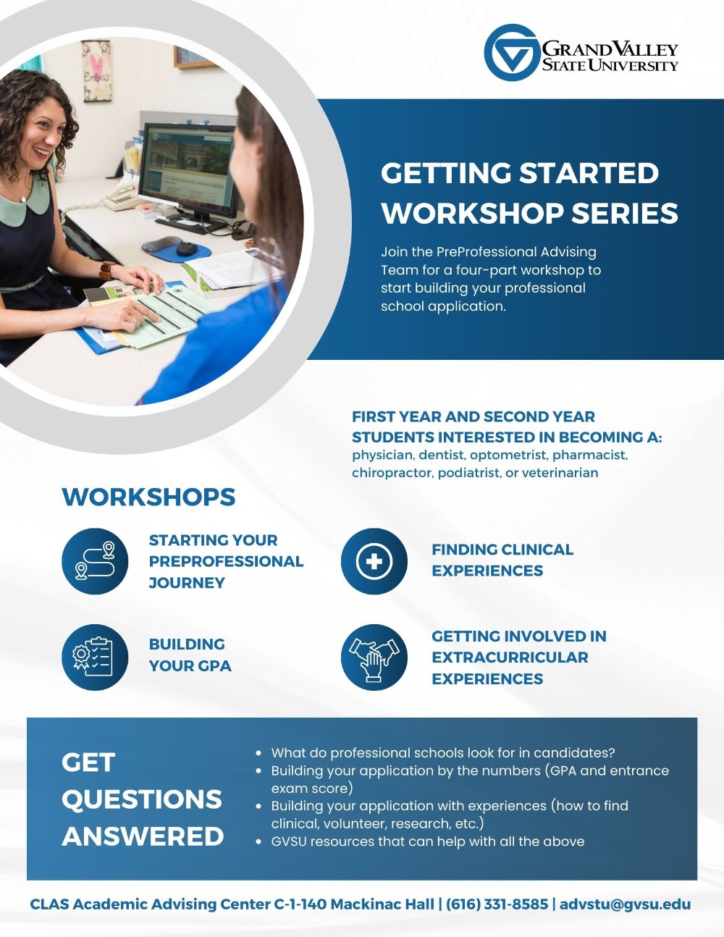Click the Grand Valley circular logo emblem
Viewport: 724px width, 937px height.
pos(511,53)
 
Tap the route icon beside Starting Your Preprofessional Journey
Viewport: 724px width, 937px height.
pos(95,561)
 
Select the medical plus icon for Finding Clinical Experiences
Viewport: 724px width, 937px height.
pos(374,561)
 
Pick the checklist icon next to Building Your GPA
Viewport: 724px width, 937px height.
pos(95,657)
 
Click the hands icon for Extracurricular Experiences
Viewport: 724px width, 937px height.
pos(374,657)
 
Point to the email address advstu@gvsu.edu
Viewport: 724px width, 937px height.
pos(625,904)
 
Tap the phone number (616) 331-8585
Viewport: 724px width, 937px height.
pos(497,904)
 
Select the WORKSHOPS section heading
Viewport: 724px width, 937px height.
pos(149,497)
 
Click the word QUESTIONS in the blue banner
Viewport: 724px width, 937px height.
pos(142,799)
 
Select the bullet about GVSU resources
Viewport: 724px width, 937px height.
pos(427,841)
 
